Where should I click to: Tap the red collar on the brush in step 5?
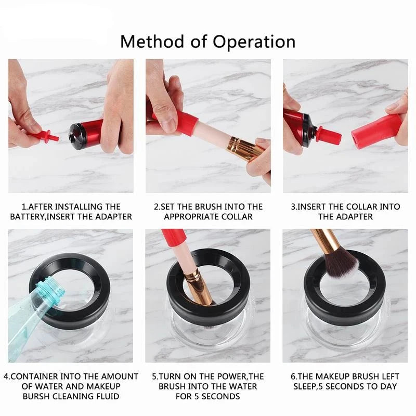pos(173,242)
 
